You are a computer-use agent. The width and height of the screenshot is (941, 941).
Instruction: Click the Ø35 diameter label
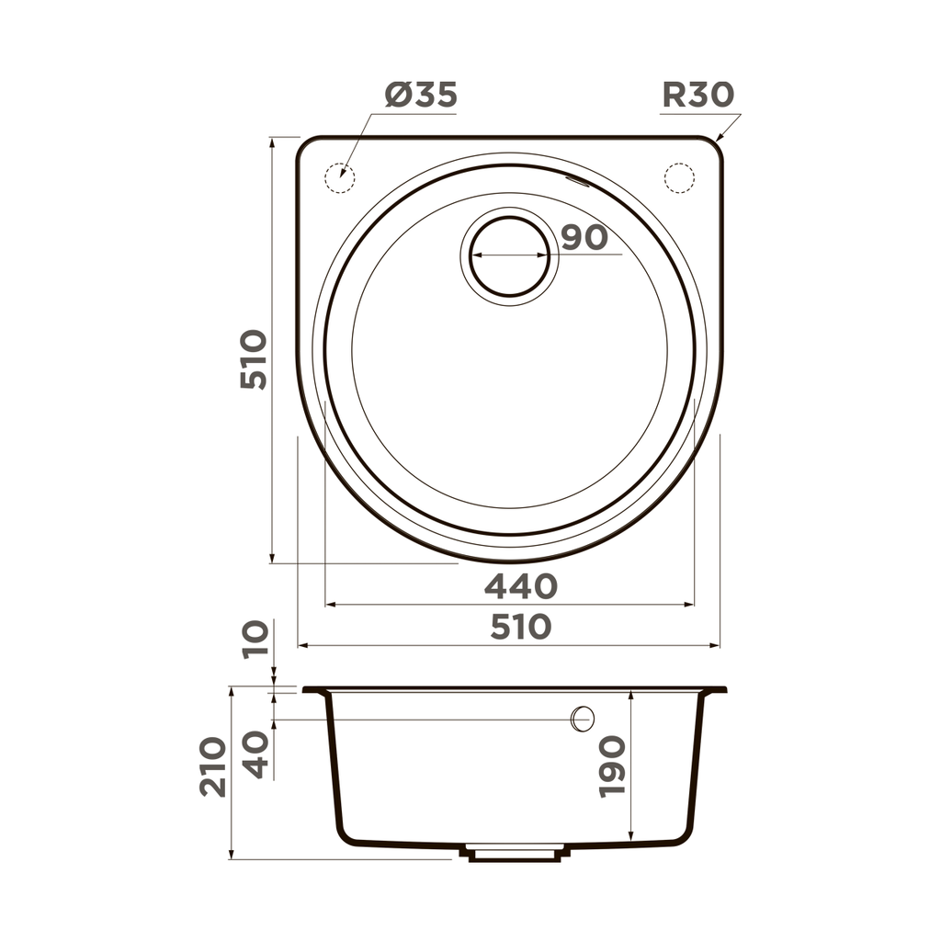click(420, 95)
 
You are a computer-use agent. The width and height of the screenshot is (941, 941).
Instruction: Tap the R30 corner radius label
click(697, 95)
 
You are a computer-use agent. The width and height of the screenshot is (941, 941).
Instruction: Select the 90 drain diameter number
click(584, 237)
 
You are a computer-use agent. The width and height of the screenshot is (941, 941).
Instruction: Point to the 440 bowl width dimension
click(520, 585)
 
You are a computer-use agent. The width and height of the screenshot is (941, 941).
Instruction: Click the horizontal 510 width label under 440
click(520, 627)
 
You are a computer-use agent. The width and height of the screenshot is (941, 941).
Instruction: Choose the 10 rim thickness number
click(257, 637)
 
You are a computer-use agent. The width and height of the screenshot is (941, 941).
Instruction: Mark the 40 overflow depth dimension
click(257, 754)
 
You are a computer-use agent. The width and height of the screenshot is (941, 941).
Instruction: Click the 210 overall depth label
click(213, 765)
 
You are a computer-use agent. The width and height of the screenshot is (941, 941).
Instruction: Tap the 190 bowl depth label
click(612, 765)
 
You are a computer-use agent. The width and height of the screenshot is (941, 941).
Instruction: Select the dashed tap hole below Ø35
click(339, 176)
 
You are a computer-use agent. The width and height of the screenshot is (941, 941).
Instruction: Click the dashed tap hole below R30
click(679, 176)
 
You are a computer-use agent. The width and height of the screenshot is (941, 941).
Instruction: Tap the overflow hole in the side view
click(584, 720)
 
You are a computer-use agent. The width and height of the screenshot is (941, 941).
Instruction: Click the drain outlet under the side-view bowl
click(515, 853)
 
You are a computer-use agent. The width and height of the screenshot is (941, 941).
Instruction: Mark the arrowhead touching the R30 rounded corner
click(720, 138)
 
